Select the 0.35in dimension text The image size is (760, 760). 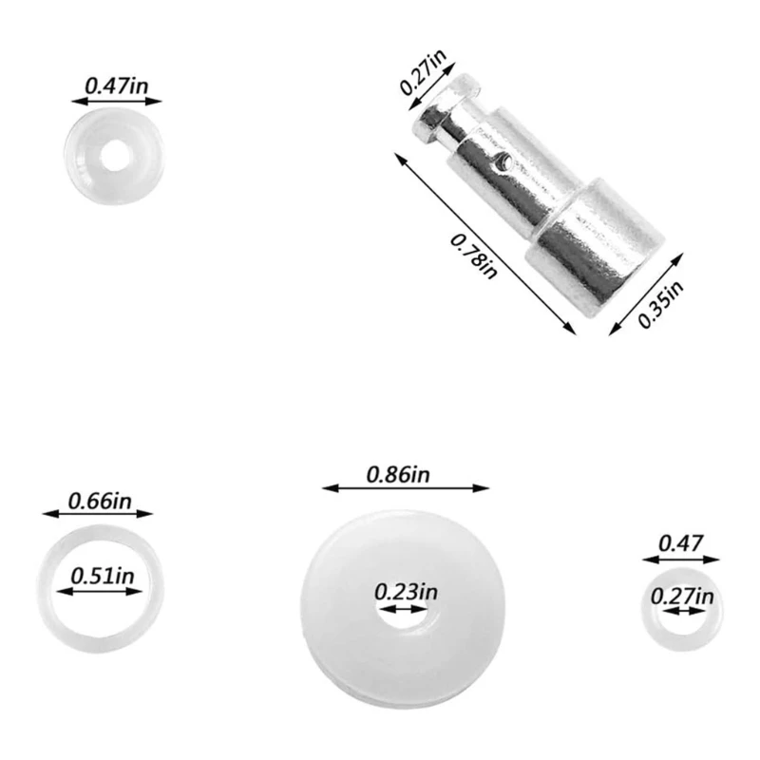(659, 302)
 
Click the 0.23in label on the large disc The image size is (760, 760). (406, 591)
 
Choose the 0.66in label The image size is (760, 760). (98, 500)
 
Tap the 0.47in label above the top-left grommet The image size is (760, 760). (117, 84)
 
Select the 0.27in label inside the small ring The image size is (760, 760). (681, 596)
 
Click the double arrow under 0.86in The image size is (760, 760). (407, 488)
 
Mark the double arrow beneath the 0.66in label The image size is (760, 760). (98, 514)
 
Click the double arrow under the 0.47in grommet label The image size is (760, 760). (116, 98)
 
